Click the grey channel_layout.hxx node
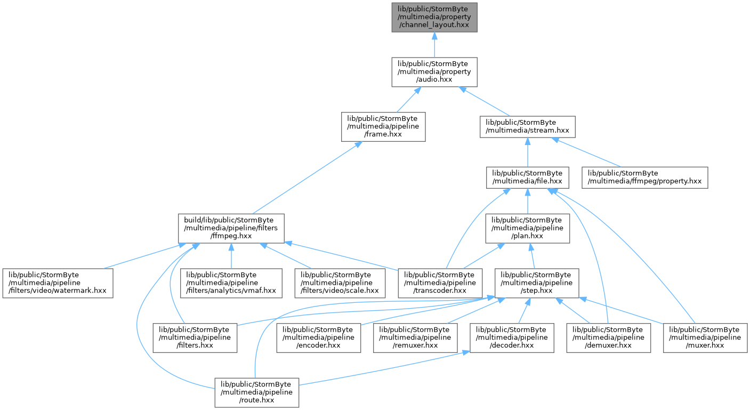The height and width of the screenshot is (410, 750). click(434, 18)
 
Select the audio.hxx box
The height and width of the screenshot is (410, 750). click(434, 72)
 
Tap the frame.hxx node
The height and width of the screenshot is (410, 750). click(383, 126)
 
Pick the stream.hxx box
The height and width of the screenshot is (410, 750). click(527, 126)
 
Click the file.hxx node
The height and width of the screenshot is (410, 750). click(527, 178)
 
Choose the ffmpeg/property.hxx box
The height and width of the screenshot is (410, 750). click(644, 178)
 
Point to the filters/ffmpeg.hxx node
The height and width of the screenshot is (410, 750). click(231, 228)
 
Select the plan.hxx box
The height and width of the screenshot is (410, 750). click(527, 228)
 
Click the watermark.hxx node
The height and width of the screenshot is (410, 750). click(58, 283)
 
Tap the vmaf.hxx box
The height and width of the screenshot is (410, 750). click(231, 283)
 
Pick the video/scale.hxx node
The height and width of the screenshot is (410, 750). click(340, 283)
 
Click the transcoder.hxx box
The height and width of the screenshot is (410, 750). click(440, 283)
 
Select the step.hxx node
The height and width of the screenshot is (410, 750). click(537, 283)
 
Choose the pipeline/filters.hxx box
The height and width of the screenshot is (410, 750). click(195, 337)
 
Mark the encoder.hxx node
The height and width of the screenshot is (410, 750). click(318, 337)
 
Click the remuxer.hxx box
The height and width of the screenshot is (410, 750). click(415, 337)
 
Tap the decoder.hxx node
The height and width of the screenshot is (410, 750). click(512, 337)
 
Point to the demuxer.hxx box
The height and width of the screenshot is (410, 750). click(608, 337)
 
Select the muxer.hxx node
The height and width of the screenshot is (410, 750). click(705, 337)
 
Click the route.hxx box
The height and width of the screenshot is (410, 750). click(257, 392)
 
